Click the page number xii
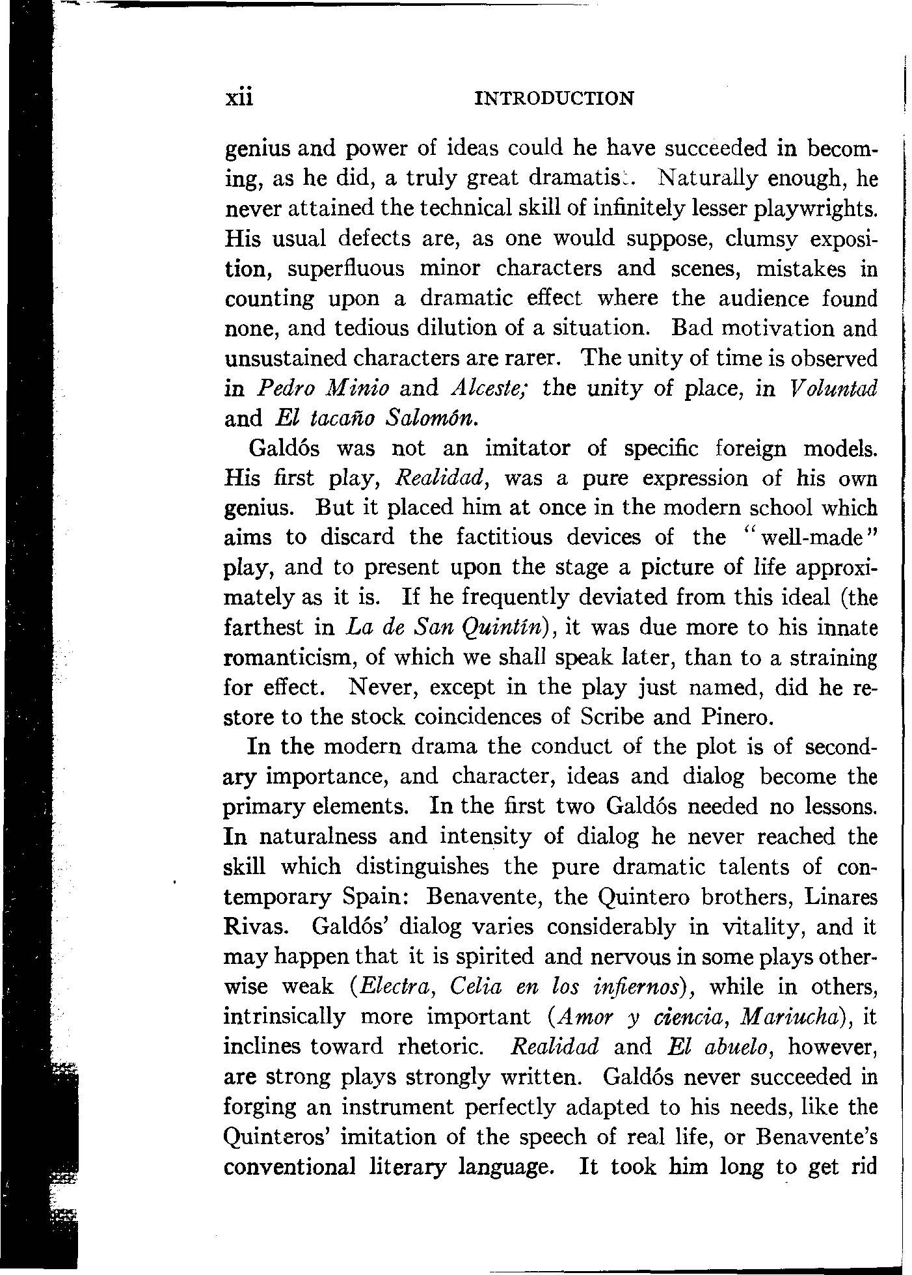click(x=237, y=98)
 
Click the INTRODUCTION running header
click(x=555, y=98)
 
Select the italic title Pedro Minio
click(x=323, y=389)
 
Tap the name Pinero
click(x=738, y=717)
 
